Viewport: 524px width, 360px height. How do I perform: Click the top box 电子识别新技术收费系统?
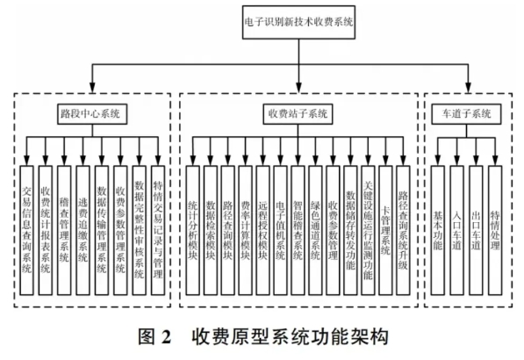click(298, 22)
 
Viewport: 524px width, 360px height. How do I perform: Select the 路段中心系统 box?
click(92, 114)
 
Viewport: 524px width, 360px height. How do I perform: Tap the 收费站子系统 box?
click(298, 114)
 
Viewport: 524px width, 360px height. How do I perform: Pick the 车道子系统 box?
click(466, 114)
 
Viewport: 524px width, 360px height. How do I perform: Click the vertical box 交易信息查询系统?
click(26, 230)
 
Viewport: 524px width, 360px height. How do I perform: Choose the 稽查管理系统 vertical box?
click(64, 230)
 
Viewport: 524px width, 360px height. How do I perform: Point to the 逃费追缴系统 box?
click(83, 230)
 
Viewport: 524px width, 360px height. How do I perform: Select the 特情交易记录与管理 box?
click(158, 230)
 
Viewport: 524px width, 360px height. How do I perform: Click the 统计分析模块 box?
click(192, 230)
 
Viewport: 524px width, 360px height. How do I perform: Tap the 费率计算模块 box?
click(245, 230)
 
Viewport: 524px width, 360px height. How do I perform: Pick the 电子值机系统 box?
click(280, 230)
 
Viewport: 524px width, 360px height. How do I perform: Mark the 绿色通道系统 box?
click(315, 230)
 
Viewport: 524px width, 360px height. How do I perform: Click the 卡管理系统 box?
click(385, 230)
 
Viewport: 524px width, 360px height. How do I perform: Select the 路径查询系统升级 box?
click(403, 230)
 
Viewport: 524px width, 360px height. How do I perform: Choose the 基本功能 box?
click(437, 230)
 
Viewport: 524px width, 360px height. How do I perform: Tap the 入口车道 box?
click(456, 230)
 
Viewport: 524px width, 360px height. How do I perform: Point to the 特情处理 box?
click(495, 230)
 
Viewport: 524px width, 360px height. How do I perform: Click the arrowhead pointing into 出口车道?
click(476, 161)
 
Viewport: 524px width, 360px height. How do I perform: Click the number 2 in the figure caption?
click(166, 337)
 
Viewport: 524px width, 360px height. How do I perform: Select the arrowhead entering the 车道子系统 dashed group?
click(469, 88)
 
